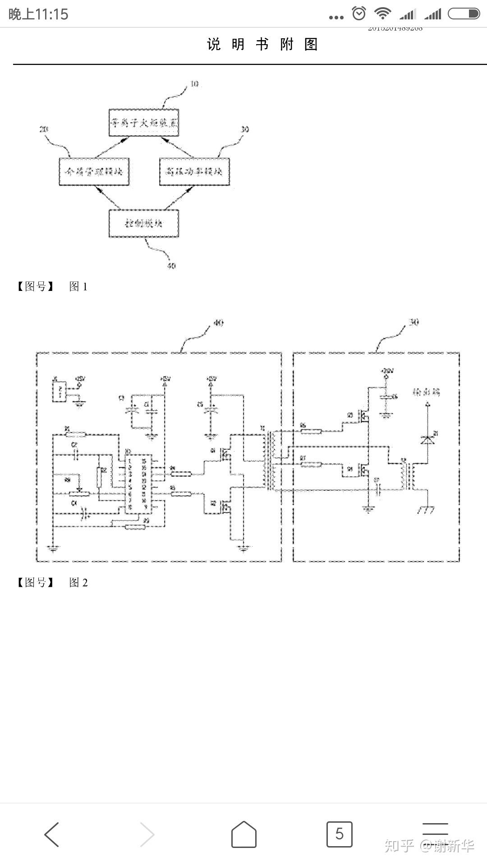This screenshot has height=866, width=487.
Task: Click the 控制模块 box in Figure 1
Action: (x=144, y=223)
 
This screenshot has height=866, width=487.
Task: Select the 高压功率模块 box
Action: (x=194, y=171)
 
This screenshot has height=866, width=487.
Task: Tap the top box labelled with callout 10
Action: (x=144, y=122)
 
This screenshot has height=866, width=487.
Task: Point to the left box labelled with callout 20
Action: (x=94, y=171)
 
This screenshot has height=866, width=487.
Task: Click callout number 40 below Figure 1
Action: (x=171, y=266)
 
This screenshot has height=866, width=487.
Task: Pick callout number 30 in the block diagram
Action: (x=245, y=129)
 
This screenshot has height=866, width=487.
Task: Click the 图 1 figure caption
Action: (x=78, y=286)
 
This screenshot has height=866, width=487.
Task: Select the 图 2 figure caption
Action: (x=78, y=582)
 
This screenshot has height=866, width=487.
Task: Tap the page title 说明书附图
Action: (x=262, y=44)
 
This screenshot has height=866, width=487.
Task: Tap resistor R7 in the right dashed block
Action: (x=311, y=464)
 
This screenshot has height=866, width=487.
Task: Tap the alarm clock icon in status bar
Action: (x=359, y=14)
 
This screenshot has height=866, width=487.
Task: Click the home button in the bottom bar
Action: (x=243, y=834)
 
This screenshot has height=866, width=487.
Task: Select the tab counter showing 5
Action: (x=339, y=834)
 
